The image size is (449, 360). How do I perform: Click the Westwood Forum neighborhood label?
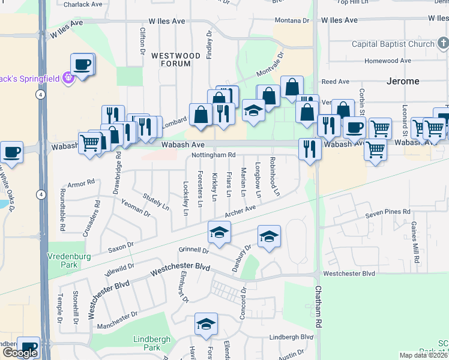(x=175, y=61)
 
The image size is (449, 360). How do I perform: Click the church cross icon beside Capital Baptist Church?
(x=442, y=43)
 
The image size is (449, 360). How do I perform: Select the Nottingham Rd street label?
(x=212, y=155)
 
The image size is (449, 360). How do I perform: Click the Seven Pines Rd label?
(x=388, y=213)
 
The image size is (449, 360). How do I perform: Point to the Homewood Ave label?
(x=388, y=61)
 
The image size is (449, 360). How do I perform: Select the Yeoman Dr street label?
(x=135, y=208)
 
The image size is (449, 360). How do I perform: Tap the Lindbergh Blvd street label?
(x=292, y=337)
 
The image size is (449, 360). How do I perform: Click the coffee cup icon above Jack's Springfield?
(x=82, y=65)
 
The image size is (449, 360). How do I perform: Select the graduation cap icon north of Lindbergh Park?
(x=206, y=325)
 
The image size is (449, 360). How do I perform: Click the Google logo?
(x=20, y=353)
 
